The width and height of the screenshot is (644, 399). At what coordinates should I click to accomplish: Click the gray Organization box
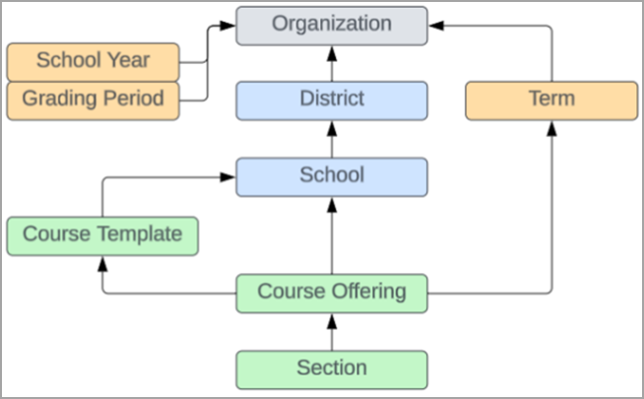coord(332,25)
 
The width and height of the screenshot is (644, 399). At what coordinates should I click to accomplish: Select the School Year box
coord(93,61)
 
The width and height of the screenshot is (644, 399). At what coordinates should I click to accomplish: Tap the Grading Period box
coord(93,100)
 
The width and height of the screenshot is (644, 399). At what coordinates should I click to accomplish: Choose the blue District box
coord(332,100)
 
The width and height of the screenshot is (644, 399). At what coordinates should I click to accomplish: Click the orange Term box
coord(550,100)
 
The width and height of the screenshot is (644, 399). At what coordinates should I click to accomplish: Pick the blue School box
coord(332,176)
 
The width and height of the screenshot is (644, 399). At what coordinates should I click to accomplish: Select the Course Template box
coord(102,234)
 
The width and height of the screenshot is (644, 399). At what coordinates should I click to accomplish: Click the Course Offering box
coord(332,293)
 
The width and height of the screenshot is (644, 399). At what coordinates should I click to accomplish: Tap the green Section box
coord(332,368)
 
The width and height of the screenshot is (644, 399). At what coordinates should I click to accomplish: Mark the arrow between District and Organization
coord(332,63)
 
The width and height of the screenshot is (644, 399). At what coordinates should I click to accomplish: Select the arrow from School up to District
coord(332,139)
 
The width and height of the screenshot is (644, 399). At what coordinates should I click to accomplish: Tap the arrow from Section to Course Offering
coord(332,331)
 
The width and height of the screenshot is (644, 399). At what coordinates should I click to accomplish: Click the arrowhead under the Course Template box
coord(102,261)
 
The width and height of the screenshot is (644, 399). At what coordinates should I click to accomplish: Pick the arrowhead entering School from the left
coord(229,177)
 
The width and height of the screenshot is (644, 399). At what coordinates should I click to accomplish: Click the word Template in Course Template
coord(143,234)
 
